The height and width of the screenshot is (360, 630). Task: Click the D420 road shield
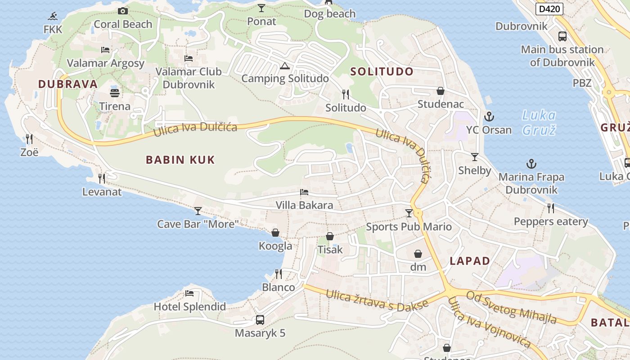click(x=549, y=9)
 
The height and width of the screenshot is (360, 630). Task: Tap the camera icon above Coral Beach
click(x=123, y=11)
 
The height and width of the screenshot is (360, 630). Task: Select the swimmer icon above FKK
click(x=53, y=17)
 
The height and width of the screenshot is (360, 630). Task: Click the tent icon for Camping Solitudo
click(x=284, y=66)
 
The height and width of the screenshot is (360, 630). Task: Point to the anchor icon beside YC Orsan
click(x=489, y=117)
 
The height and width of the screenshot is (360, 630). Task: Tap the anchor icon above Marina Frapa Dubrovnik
click(x=531, y=164)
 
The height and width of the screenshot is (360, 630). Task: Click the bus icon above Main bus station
click(x=562, y=36)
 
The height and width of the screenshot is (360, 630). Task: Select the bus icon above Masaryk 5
click(x=260, y=320)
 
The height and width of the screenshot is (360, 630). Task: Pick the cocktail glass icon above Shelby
click(x=475, y=157)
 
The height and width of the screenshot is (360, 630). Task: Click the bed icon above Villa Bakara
click(x=304, y=192)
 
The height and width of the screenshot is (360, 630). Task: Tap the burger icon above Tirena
click(x=115, y=93)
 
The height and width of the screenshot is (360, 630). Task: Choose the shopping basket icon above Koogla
click(x=275, y=233)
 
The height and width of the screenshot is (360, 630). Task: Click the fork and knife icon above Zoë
click(x=29, y=138)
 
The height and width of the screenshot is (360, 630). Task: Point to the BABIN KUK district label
click(x=180, y=160)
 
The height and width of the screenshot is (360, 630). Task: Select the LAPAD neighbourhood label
click(x=470, y=261)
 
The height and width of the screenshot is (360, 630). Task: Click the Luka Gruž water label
click(x=539, y=122)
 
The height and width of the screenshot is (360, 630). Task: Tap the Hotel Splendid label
click(x=190, y=307)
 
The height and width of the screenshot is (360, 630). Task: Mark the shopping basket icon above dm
click(x=418, y=254)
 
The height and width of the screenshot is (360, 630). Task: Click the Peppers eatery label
click(x=551, y=221)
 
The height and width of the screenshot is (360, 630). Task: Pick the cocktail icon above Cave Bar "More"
click(x=198, y=211)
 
